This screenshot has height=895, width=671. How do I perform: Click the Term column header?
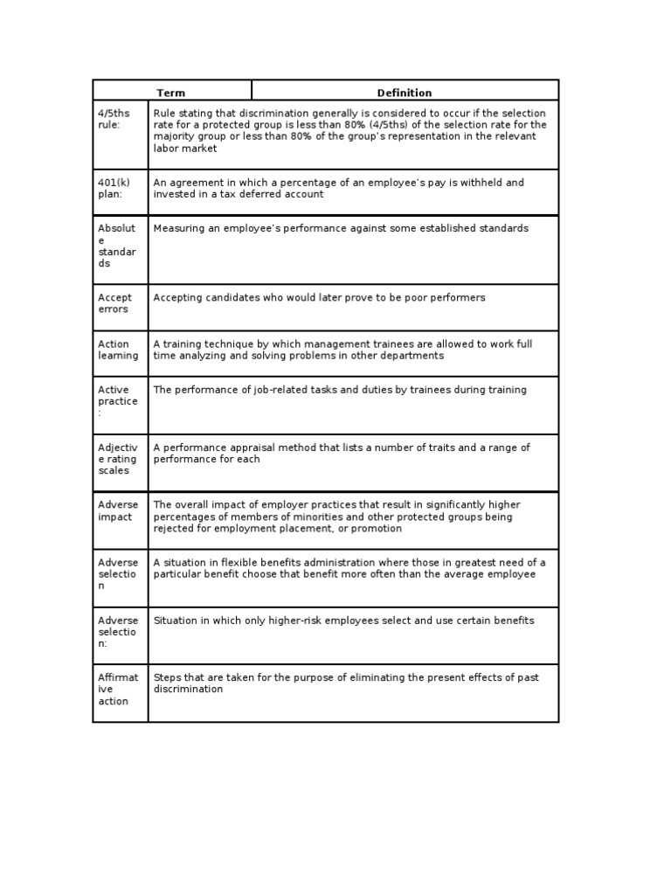pos(171,93)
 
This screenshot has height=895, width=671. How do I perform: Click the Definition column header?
pos(404,93)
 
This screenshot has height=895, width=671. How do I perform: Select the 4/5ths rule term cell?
pos(114,119)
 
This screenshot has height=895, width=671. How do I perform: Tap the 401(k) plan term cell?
pos(114,188)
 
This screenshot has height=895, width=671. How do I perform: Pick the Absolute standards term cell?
pos(117,246)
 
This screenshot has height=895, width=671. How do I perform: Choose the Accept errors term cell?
pos(114,303)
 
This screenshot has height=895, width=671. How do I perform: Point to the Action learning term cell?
pos(117,350)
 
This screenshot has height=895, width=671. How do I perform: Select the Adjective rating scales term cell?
pos(117,459)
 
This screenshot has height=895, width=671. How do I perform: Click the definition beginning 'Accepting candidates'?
pos(319,298)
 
